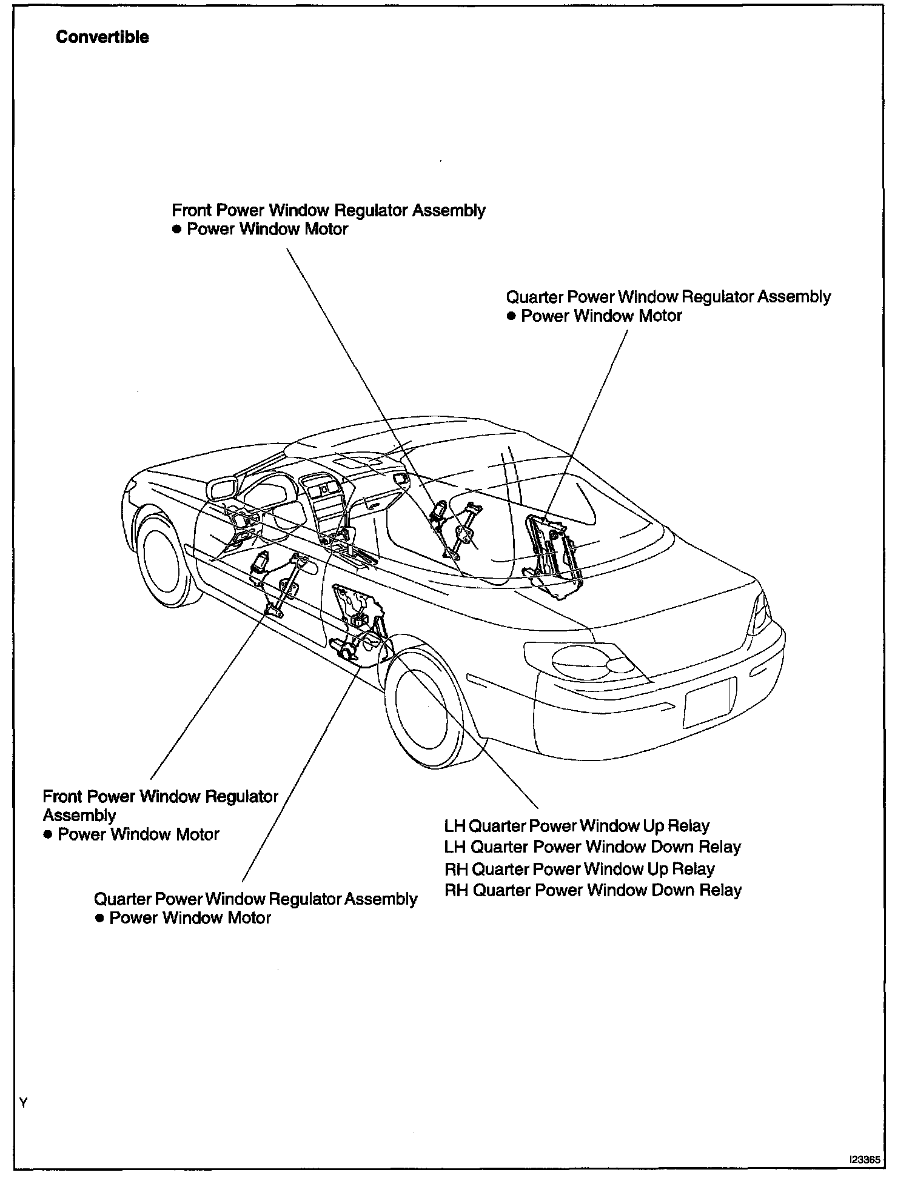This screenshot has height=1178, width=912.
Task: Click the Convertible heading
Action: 102,37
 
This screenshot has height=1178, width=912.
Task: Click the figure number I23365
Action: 864,1159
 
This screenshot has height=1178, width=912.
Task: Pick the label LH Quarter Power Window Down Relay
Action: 592,847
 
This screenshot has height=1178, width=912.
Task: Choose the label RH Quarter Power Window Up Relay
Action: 579,869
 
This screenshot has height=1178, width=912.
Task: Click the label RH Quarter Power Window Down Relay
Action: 592,890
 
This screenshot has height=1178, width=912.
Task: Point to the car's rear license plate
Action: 709,703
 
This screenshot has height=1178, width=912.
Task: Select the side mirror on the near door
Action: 222,489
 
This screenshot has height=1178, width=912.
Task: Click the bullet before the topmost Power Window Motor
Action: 177,229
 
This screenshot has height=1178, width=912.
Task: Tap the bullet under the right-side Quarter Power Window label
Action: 511,316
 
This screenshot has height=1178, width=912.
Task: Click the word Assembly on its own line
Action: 79,815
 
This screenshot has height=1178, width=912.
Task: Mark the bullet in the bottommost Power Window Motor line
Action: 99,918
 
